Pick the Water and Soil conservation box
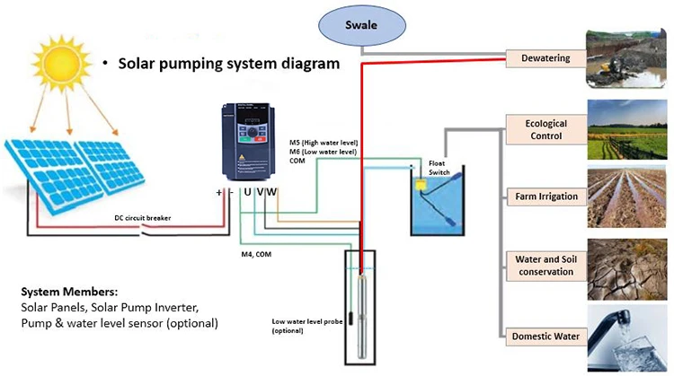point(539,265)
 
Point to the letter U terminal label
point(247,191)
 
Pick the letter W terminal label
point(271,191)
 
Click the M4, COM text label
point(257,253)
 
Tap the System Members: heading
point(70,292)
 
